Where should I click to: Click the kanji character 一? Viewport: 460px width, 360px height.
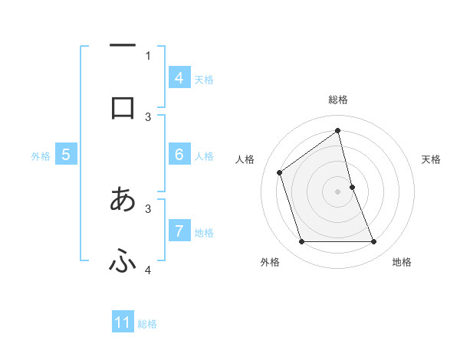tap(123, 46)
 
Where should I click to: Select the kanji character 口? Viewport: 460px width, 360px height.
tap(123, 107)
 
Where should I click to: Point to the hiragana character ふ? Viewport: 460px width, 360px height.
tap(123, 262)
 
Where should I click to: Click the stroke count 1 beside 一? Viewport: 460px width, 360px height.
tap(148, 55)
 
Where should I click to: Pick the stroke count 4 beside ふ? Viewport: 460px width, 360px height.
tap(148, 270)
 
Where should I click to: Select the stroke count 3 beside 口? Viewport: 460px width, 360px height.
tap(148, 117)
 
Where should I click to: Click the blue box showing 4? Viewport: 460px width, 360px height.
tap(179, 78)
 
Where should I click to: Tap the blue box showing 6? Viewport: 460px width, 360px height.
tap(179, 155)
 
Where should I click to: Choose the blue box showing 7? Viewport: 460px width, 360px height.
tap(179, 231)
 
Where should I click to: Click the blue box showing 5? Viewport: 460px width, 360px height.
tap(66, 155)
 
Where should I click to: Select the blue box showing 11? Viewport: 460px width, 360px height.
tap(123, 322)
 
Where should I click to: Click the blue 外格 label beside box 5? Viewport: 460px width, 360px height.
tap(41, 156)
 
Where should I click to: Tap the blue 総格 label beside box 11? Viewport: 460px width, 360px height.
tap(147, 324)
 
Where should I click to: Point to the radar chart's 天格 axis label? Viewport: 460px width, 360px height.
tap(431, 159)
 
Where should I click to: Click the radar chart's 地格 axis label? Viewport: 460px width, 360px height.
tap(402, 263)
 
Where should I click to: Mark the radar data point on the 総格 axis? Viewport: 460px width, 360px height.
tap(338, 131)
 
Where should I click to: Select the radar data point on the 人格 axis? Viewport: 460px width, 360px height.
tap(280, 172)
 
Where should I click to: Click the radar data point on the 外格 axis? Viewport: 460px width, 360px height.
tap(301, 242)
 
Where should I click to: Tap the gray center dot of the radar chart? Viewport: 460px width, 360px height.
tap(338, 191)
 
